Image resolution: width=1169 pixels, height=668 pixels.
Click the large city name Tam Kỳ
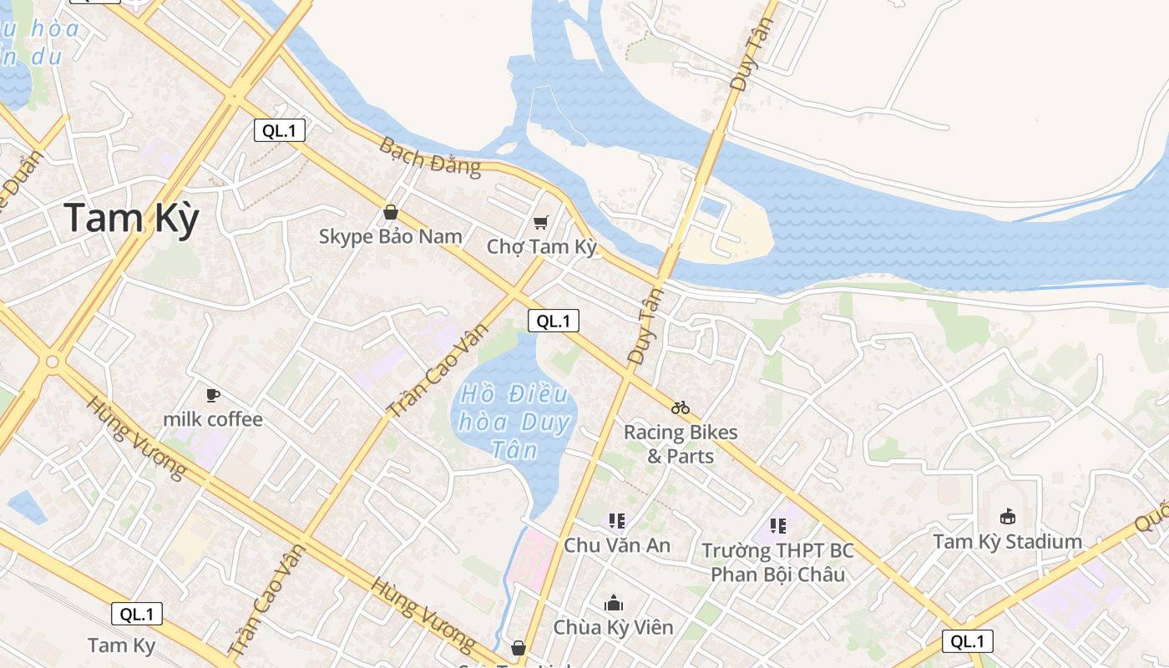[132, 219]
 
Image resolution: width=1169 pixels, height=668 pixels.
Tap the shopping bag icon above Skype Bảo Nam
[390, 213]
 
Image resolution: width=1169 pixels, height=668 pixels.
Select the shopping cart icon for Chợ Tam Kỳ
[541, 222]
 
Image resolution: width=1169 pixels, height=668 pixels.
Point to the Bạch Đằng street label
[430, 157]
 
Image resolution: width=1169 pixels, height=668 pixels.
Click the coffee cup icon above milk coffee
[213, 395]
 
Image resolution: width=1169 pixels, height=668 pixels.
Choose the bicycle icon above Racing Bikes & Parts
[681, 407]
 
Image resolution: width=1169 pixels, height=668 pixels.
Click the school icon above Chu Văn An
[617, 522]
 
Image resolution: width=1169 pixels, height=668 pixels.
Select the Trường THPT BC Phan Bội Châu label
[777, 563]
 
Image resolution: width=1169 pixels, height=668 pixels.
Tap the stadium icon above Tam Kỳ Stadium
[1008, 517]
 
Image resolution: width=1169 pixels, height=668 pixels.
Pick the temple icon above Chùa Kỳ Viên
[614, 603]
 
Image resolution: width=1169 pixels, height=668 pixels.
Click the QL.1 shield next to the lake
[553, 321]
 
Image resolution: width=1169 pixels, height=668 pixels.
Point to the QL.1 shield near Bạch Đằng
[280, 130]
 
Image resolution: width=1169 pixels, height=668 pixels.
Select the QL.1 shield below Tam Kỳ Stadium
[968, 641]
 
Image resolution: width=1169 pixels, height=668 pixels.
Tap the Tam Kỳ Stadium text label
[1008, 541]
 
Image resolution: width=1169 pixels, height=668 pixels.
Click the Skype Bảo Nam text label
[391, 236]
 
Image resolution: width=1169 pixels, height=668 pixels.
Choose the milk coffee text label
[213, 419]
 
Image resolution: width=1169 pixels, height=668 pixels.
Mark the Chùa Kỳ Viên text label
[614, 627]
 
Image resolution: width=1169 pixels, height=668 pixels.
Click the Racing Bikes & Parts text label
[681, 444]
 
